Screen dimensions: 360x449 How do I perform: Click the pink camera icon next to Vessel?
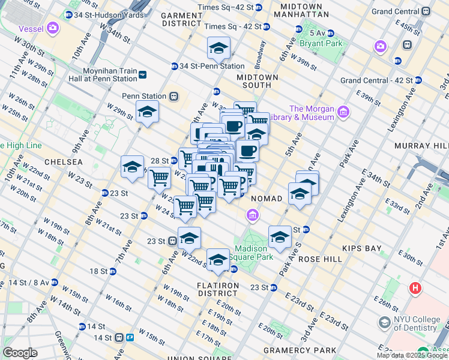(x=53, y=27)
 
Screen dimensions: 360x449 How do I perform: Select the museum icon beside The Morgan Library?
(x=343, y=112)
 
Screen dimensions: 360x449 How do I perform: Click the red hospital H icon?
(x=415, y=289)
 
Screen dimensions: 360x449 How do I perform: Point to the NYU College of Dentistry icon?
(x=384, y=323)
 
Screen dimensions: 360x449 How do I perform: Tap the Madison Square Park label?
(x=255, y=253)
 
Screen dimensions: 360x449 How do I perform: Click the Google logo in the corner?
(x=20, y=353)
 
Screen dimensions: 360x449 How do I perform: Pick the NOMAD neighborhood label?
(x=266, y=199)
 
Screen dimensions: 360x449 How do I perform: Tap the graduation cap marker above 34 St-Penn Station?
(x=218, y=47)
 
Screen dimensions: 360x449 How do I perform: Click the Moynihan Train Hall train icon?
(x=142, y=74)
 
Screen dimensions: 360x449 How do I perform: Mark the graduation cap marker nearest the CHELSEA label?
(x=132, y=167)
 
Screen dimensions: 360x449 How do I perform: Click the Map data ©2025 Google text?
(x=412, y=355)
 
